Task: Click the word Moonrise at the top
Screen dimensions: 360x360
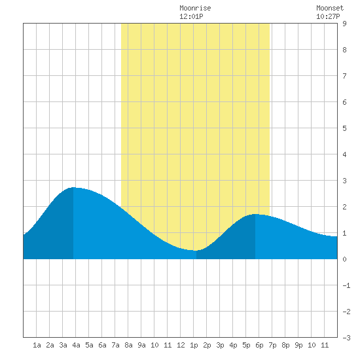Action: (195, 8)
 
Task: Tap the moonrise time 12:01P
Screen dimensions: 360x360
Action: (191, 16)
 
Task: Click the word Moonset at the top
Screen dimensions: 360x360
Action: (330, 8)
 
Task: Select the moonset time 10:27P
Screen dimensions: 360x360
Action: (328, 16)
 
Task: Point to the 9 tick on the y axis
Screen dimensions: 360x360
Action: (344, 24)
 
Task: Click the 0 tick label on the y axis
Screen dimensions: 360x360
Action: (344, 259)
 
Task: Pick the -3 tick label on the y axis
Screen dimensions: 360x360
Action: (346, 338)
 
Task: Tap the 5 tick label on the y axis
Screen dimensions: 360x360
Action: (344, 128)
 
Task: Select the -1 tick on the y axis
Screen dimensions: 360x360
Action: (346, 285)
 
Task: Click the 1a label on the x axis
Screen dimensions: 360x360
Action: (37, 345)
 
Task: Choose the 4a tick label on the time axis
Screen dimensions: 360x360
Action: (76, 345)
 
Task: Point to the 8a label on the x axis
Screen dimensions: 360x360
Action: (128, 345)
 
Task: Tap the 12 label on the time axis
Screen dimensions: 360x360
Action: (181, 345)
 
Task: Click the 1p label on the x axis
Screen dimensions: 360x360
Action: (194, 345)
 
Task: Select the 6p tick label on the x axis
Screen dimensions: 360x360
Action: (259, 345)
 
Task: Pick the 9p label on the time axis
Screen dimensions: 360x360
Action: (298, 345)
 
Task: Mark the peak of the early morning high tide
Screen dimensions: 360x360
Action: (73, 188)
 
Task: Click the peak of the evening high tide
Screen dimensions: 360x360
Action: (255, 214)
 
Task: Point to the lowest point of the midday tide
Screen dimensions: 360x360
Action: (195, 251)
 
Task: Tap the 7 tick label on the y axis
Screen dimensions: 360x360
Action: (344, 76)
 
